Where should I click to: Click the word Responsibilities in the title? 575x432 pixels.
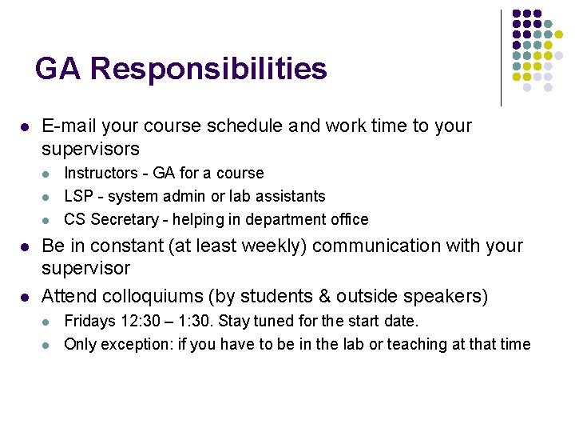208,69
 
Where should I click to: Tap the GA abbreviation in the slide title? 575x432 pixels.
58,69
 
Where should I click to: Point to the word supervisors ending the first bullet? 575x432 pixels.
90,149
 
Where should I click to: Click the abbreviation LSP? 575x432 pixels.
78,196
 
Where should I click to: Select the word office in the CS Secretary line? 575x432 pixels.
348,219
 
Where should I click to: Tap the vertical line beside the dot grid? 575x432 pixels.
501,58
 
